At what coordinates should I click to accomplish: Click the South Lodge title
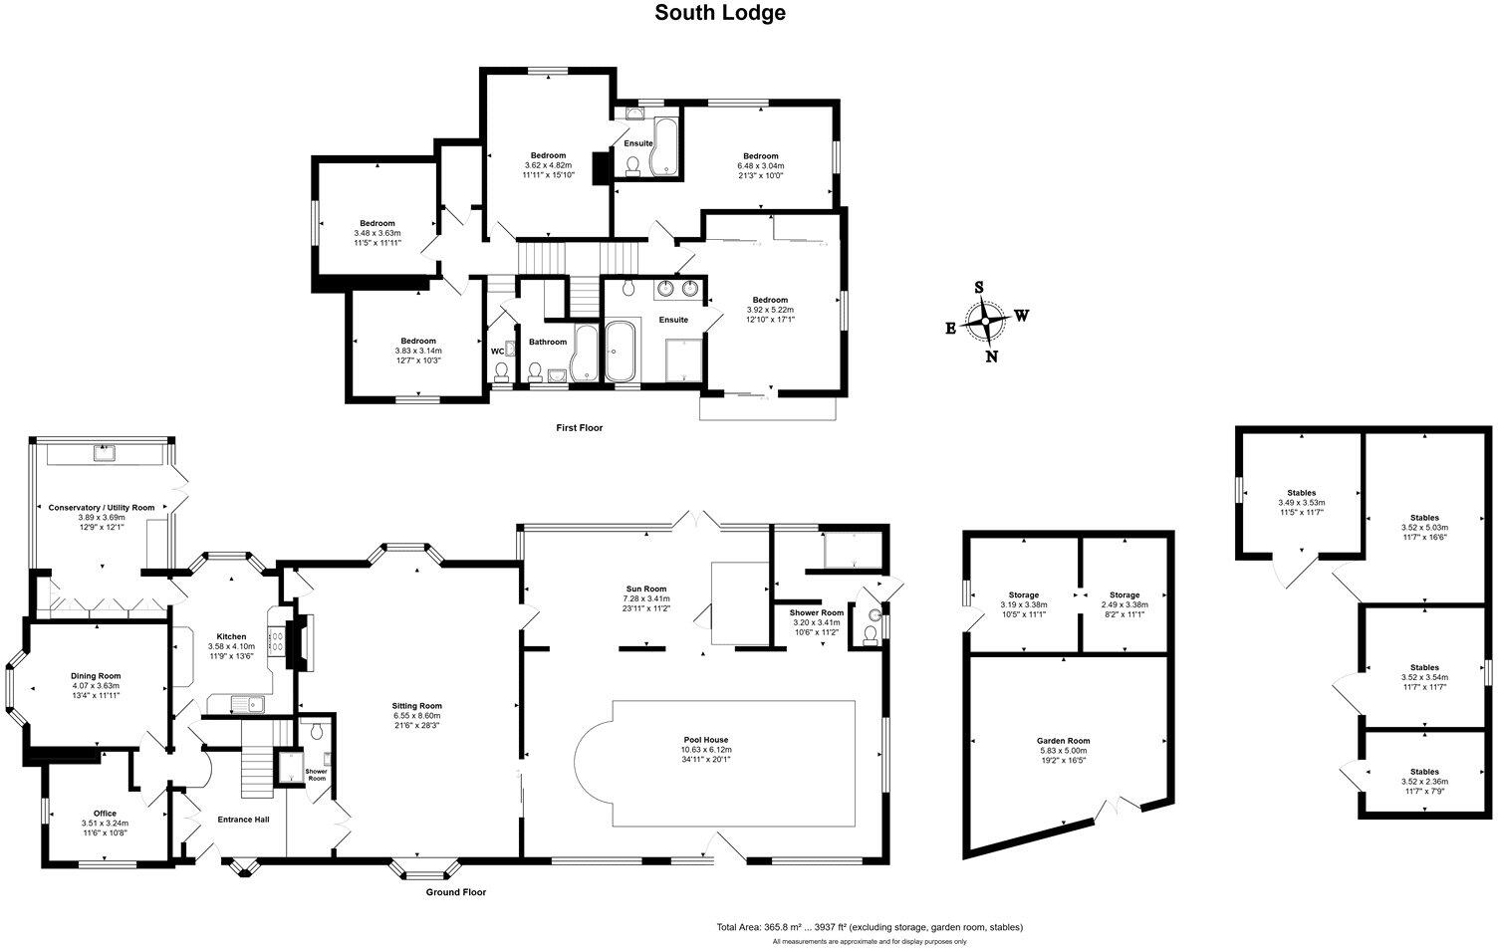click(x=719, y=13)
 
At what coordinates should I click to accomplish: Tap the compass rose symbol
click(x=986, y=322)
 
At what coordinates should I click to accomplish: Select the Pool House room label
click(x=704, y=740)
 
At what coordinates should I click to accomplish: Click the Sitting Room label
click(x=416, y=705)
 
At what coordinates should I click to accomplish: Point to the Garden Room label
click(x=1063, y=740)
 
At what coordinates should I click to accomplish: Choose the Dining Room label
click(x=96, y=675)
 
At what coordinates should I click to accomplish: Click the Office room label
click(x=105, y=814)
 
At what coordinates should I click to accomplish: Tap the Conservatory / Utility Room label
click(x=102, y=507)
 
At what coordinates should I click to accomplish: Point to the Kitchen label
click(x=231, y=636)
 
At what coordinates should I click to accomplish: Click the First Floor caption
click(x=579, y=427)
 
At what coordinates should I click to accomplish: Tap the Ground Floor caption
click(x=456, y=892)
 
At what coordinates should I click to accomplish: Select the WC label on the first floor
click(x=497, y=351)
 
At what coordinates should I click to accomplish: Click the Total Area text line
click(x=869, y=926)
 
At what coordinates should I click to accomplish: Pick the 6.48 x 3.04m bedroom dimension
click(x=760, y=165)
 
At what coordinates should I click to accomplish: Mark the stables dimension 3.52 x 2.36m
click(x=1424, y=782)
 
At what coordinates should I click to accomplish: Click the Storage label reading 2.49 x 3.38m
click(x=1124, y=604)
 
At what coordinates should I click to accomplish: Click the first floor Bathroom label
click(x=547, y=342)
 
